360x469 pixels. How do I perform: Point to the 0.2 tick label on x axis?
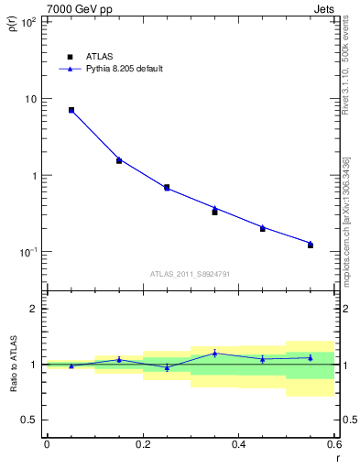tap(142, 445)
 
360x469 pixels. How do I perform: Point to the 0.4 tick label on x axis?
tap(238, 445)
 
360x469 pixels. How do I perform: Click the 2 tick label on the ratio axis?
tap(33, 310)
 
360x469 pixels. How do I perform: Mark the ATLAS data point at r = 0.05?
tap(71, 110)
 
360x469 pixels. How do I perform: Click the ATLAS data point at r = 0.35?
tap(214, 212)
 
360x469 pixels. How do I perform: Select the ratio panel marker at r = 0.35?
tap(214, 353)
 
